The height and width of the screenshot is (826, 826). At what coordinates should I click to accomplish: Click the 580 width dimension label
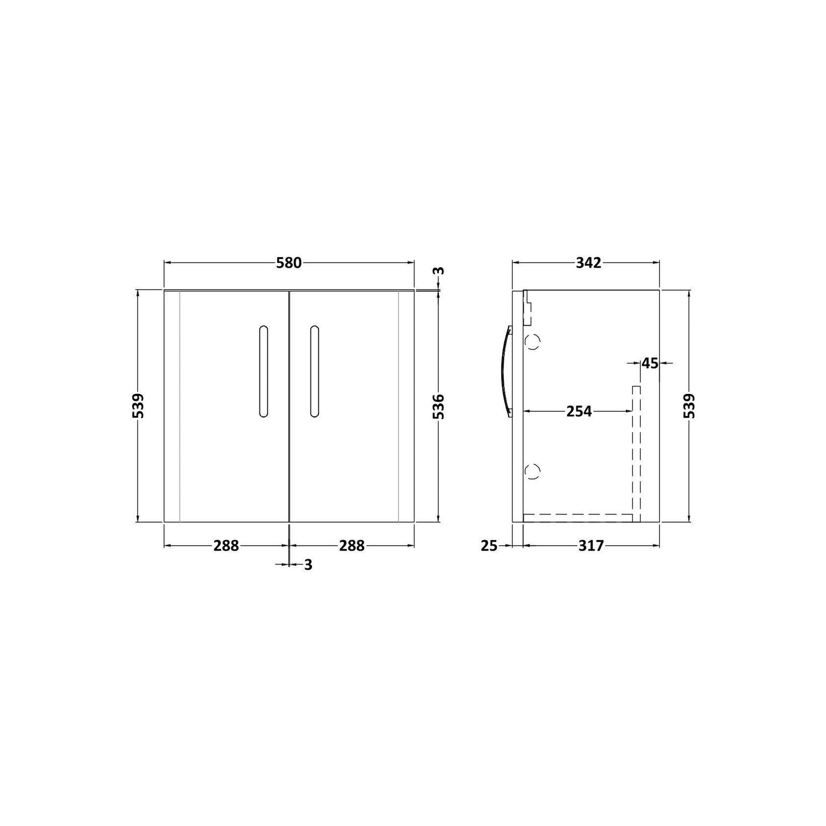289,263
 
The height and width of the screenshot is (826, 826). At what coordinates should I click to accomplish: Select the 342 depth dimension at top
589,263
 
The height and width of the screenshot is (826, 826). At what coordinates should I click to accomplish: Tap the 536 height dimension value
440,407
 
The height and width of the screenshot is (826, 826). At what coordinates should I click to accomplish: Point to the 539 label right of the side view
691,406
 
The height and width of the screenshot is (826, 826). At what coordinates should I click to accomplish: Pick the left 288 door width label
226,546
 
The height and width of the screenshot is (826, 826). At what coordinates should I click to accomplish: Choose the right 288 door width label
352,546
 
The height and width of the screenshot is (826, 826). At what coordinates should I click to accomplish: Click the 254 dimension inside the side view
579,412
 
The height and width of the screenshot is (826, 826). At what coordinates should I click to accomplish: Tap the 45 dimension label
650,364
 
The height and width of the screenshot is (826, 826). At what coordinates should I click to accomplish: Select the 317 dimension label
591,546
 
